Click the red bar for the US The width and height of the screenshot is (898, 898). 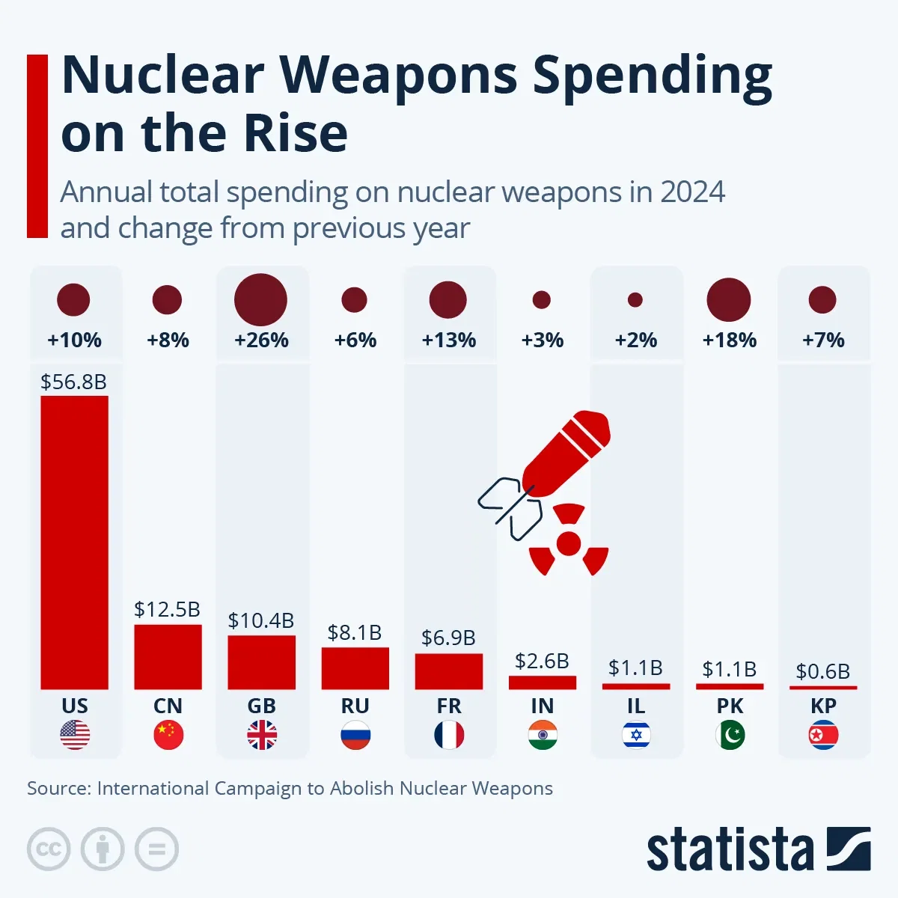tap(74, 543)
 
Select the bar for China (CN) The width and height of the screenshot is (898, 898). tap(168, 656)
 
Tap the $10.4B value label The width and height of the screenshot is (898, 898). tap(261, 620)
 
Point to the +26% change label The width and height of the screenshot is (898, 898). tap(261, 340)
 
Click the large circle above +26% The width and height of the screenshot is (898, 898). tap(260, 299)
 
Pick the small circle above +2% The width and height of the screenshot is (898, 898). tap(635, 299)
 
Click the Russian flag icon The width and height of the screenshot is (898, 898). tap(355, 736)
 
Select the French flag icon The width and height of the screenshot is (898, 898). tap(449, 736)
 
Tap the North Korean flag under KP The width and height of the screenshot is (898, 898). tap(823, 736)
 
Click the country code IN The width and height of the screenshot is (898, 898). tap(543, 706)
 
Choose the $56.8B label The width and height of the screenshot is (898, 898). tap(73, 382)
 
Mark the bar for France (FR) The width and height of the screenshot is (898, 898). tap(449, 671)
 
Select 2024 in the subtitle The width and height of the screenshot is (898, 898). tap(692, 192)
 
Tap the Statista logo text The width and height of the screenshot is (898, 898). tap(730, 850)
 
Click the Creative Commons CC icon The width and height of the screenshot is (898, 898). tap(49, 849)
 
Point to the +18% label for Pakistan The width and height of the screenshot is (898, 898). tap(729, 340)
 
